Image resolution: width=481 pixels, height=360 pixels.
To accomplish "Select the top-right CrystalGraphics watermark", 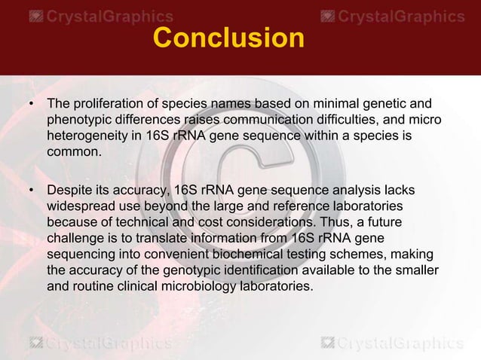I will pos(392,16).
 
